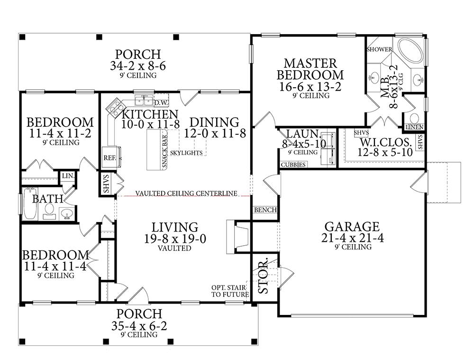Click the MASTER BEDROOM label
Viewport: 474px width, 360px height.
point(310,69)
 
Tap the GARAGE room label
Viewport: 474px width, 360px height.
point(352,227)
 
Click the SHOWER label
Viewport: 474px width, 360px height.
point(379,49)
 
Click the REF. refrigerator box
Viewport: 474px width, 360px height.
point(110,157)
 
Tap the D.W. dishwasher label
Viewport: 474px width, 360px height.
point(161,103)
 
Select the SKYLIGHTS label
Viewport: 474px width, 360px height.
point(186,153)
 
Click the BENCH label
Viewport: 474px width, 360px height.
point(265,210)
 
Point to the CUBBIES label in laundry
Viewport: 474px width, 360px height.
point(293,165)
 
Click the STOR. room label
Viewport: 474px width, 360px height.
point(263,276)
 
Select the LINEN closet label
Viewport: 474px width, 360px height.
point(414,127)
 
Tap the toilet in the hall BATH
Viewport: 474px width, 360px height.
point(49,210)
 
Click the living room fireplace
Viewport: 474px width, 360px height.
point(238,237)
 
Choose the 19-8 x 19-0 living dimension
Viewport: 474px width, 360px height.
point(175,239)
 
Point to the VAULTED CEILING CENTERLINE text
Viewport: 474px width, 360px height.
point(186,193)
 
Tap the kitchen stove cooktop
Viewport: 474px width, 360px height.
point(115,107)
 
